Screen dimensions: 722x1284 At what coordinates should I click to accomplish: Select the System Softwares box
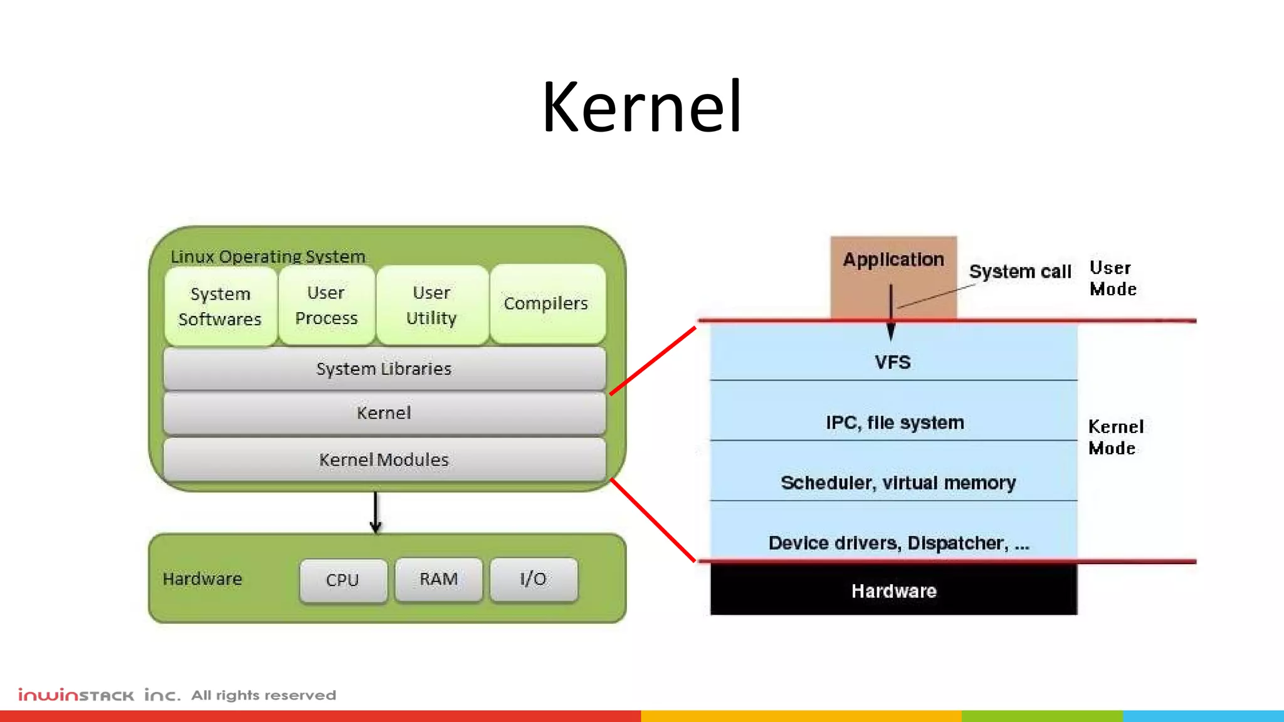pos(220,306)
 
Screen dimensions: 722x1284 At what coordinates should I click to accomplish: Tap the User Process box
pos(327,305)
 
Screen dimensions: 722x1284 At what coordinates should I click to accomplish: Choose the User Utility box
pos(432,305)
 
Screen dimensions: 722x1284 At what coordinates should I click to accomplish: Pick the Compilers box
pos(547,304)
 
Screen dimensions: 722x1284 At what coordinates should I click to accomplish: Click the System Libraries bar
pos(384,369)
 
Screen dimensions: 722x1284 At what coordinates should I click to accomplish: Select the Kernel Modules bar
pos(384,459)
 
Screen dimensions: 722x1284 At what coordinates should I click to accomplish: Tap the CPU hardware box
pos(343,580)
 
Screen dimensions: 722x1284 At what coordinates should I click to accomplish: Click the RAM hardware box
pos(439,579)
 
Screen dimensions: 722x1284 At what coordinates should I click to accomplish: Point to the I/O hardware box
pos(534,579)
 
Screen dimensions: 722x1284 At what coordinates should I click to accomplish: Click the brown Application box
pos(893,276)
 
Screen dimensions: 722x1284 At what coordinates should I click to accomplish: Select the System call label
pos(1020,271)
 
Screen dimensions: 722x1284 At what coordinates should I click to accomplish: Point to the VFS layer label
pos(893,362)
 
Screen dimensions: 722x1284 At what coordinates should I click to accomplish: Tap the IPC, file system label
pos(895,422)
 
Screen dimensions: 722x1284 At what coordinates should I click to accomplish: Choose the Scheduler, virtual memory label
pos(898,483)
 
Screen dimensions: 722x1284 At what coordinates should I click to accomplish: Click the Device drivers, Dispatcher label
pos(898,543)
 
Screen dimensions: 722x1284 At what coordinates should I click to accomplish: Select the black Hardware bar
pos(893,590)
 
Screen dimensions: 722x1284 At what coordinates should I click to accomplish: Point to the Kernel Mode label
pos(1116,437)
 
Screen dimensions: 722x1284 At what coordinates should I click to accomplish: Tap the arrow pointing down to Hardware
pos(376,513)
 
